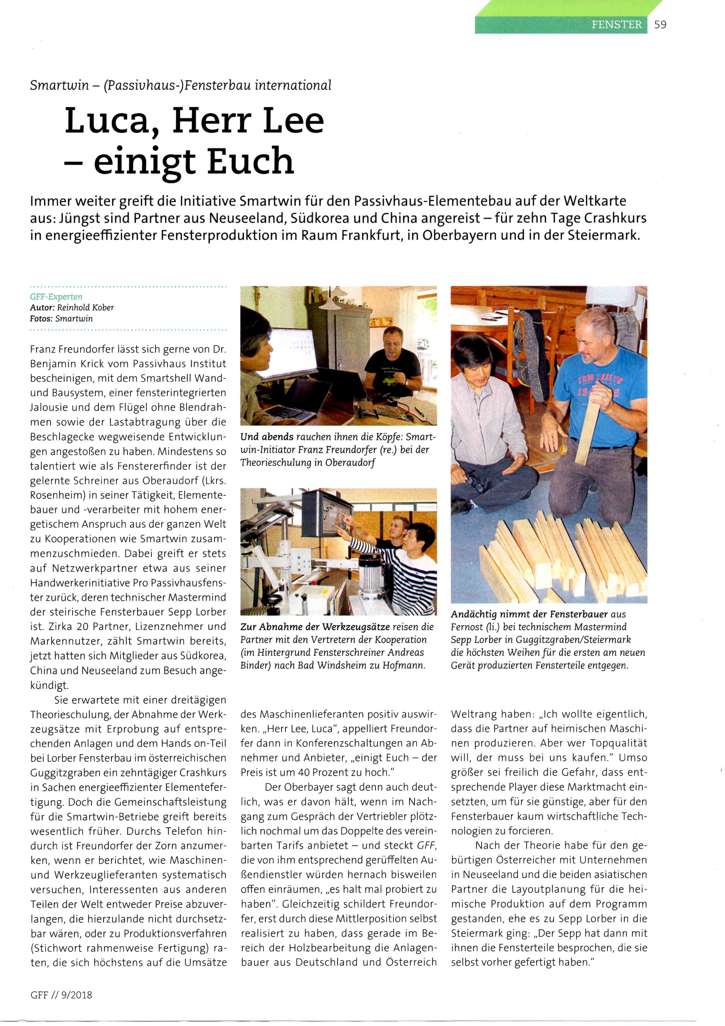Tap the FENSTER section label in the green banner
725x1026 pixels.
point(617,25)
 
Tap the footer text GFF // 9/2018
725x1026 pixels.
point(61,995)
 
